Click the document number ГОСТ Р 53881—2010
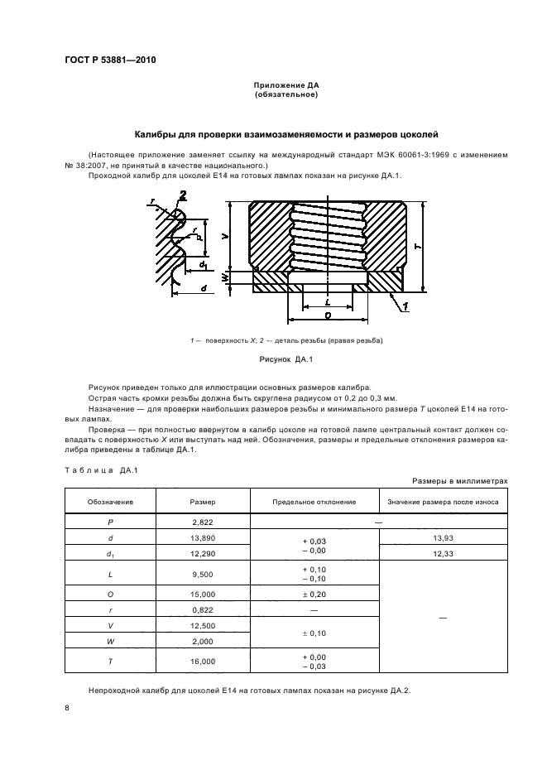coord(110,61)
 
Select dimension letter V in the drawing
coord(225,236)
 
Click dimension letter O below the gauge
coord(329,316)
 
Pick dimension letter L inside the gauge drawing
coord(329,302)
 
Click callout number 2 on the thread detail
coord(182,195)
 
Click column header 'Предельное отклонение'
coord(314,502)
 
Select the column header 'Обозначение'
coord(110,502)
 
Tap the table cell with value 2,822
coord(203,522)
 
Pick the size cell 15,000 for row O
coord(203,594)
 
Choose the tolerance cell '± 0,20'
coord(314,594)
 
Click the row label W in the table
coord(110,640)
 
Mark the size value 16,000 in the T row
coord(203,662)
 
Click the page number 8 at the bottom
coord(67,708)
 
